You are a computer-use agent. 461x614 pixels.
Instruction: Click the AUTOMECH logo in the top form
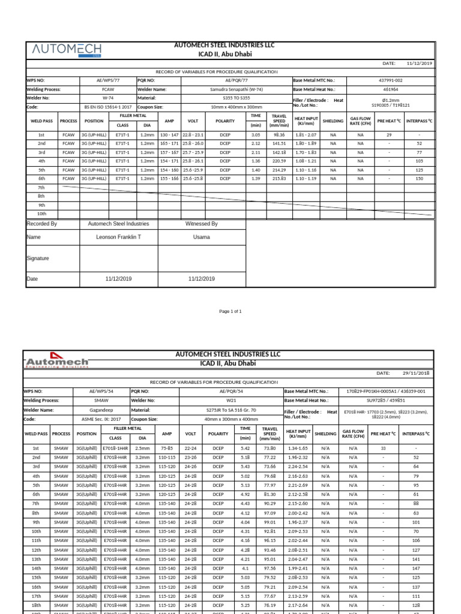pyautogui.click(x=66, y=50)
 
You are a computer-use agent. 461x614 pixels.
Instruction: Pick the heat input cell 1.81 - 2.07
pyautogui.click(x=306, y=135)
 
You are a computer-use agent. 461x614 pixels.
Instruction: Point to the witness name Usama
pyautogui.click(x=201, y=237)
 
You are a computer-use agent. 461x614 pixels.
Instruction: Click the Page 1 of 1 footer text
pyautogui.click(x=230, y=311)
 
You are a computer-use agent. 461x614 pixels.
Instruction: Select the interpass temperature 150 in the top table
pyautogui.click(x=419, y=179)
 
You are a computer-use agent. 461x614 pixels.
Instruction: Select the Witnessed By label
pyautogui.click(x=201, y=224)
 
